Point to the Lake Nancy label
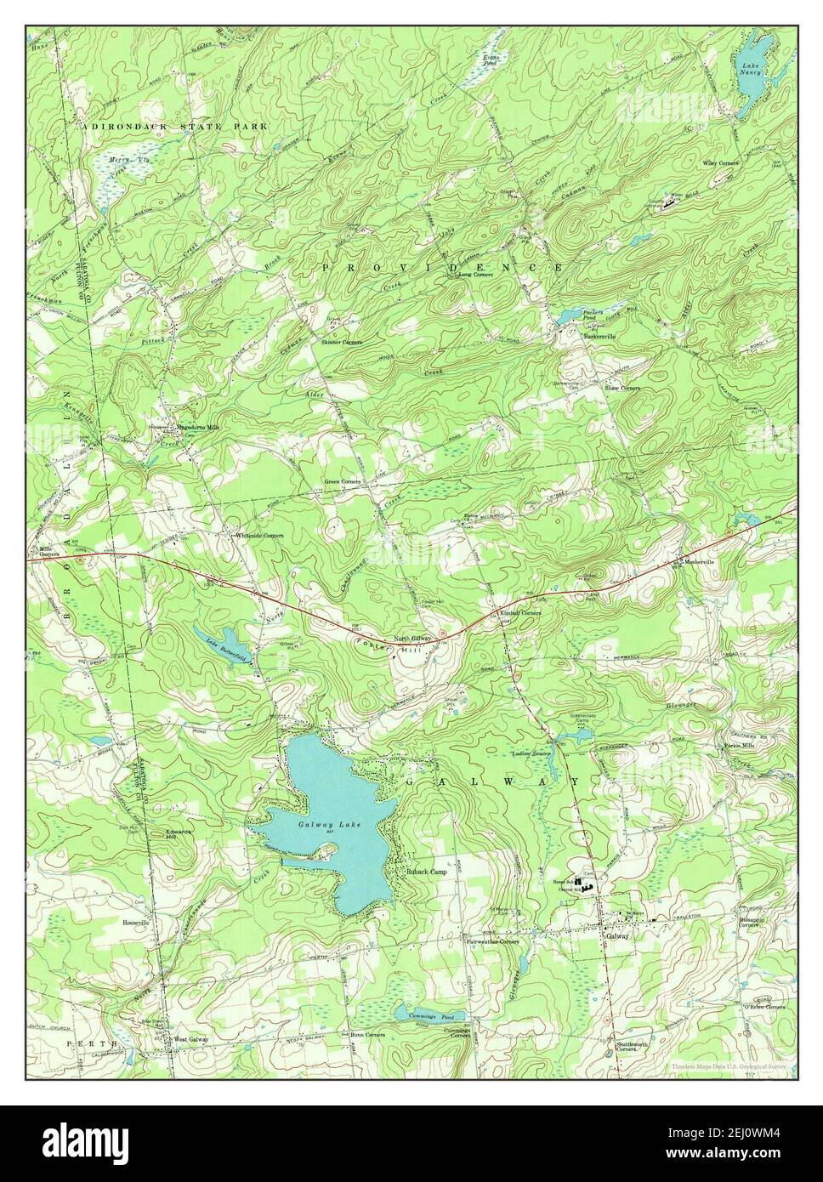[751, 69]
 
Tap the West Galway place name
[191, 1039]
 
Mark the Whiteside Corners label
[259, 536]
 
